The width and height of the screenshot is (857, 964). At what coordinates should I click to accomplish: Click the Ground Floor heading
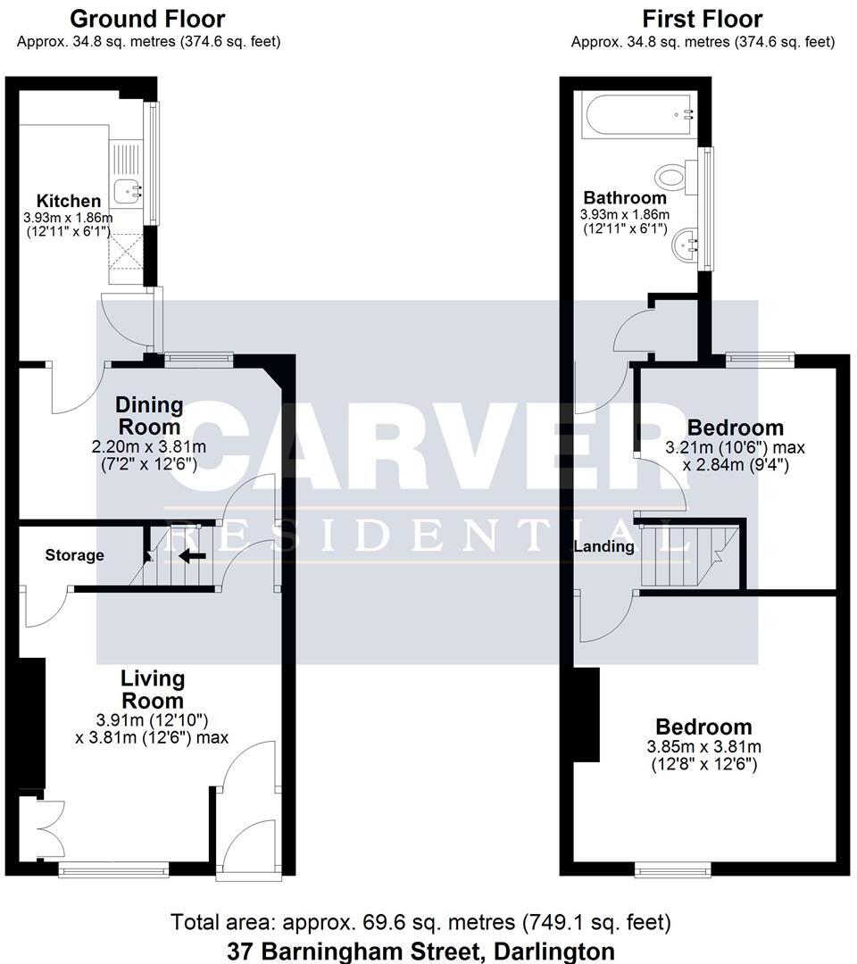point(147,19)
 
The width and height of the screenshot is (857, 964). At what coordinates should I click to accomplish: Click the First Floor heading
point(703,19)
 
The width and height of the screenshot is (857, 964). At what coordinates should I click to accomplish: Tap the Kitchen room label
point(69,201)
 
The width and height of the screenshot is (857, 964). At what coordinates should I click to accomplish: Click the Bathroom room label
point(625,198)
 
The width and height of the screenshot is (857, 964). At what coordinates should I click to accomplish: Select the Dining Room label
point(149,416)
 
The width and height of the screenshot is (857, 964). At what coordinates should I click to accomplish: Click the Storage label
point(75,555)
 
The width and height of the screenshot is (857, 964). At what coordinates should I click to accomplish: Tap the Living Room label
point(153,690)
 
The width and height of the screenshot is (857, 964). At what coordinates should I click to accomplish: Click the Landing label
point(604,546)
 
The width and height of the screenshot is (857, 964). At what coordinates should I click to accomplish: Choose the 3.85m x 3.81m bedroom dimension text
point(703,747)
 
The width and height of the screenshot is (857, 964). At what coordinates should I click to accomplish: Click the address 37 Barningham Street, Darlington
point(421,950)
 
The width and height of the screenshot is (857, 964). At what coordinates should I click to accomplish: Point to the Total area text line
point(421,921)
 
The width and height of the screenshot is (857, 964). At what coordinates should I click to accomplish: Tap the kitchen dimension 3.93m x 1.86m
point(69,217)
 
